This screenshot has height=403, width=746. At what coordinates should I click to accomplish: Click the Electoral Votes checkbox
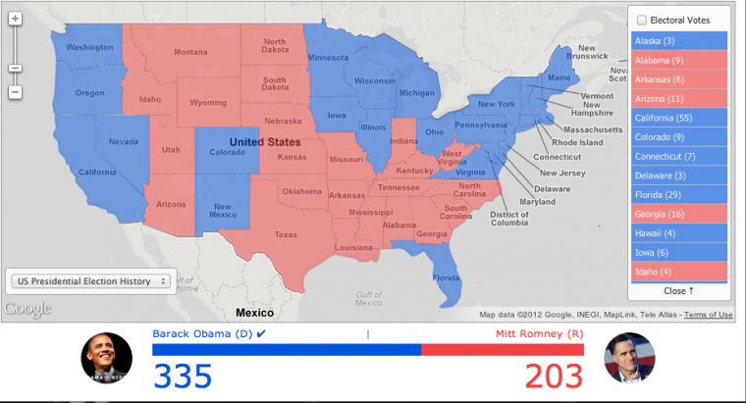[642, 20]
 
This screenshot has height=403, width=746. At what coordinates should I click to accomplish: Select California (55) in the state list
[678, 118]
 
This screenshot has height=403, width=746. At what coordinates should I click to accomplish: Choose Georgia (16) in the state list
[678, 213]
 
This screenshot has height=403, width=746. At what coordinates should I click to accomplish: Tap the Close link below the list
[678, 291]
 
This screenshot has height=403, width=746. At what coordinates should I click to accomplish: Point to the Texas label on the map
[285, 234]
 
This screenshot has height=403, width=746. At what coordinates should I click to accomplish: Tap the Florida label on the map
[447, 277]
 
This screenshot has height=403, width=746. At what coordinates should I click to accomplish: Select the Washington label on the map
[89, 47]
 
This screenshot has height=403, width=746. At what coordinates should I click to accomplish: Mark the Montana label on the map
[190, 52]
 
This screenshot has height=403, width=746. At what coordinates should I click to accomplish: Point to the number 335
[184, 376]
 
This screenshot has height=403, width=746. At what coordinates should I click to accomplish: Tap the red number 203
[553, 376]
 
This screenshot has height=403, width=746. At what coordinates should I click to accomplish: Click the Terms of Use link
[708, 315]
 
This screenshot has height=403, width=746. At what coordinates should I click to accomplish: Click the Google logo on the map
[27, 310]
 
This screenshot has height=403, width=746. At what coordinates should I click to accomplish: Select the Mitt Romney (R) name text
[537, 333]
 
